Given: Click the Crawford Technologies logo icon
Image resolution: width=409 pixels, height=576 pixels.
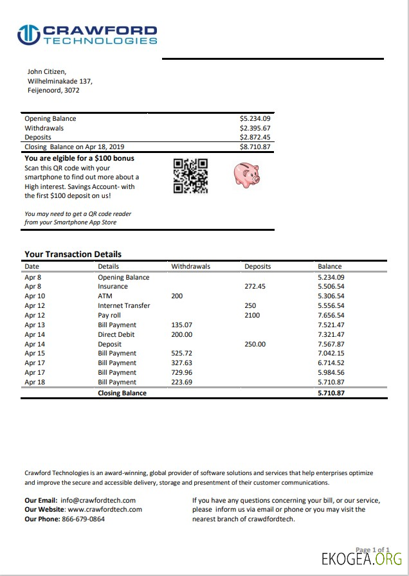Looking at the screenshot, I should [x=28, y=35].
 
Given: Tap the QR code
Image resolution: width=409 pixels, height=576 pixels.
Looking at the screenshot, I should [x=191, y=175].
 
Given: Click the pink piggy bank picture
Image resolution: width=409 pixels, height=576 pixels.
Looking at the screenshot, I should [x=246, y=174].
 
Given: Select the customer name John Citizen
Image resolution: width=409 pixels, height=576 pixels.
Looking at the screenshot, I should [x=46, y=71].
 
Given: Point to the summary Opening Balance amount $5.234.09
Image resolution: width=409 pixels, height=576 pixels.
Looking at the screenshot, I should [x=255, y=119].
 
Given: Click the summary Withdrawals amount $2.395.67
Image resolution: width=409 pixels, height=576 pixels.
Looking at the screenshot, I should [x=255, y=128].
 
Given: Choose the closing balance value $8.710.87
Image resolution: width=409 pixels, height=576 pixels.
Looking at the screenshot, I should [x=255, y=147].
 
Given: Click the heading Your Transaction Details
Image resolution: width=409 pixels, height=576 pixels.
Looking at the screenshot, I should [x=73, y=254].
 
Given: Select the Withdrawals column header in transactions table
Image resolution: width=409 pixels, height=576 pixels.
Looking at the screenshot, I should [x=190, y=266].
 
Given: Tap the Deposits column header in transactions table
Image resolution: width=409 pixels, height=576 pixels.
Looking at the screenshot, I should [x=257, y=266].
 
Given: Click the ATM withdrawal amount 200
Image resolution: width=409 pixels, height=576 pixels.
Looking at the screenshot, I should [x=177, y=296].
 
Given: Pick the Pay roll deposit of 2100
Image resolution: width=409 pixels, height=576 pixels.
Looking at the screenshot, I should [x=252, y=316].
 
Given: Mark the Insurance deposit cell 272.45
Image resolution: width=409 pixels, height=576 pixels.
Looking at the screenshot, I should [x=255, y=287].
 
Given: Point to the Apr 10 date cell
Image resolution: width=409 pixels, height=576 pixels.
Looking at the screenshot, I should [x=34, y=296].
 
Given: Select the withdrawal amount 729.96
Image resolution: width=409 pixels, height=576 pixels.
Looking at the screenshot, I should [x=182, y=373].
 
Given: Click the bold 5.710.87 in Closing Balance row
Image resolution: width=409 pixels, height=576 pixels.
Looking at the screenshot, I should [x=331, y=393].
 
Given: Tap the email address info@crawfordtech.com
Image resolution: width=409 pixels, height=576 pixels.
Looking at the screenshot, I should [x=98, y=500].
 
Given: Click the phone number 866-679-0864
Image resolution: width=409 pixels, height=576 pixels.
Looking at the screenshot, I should [x=84, y=519].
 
